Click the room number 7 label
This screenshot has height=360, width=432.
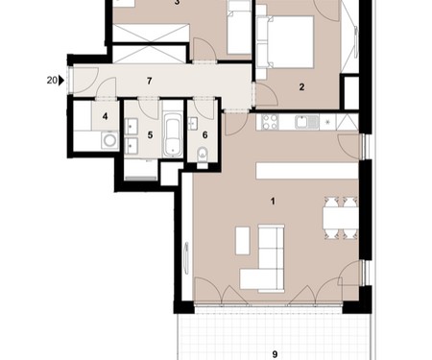tap(149, 81)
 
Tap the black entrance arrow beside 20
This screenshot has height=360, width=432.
tap(61, 81)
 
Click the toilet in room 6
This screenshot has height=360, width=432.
tap(203, 156)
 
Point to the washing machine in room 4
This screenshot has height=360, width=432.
tap(110, 140)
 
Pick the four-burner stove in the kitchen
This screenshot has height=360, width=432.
tap(270, 122)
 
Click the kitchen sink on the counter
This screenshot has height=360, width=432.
tap(307, 122)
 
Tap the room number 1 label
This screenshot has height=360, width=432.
tap(273, 202)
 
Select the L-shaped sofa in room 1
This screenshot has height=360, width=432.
tap(262, 258)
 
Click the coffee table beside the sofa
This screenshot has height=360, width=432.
tap(243, 240)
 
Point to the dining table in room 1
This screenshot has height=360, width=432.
tap(341, 218)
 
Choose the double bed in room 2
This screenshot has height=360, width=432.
tap(285, 42)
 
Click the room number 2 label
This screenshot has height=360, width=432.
tap(301, 86)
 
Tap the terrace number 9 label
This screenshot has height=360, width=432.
tap(275, 354)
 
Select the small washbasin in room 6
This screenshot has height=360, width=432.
tap(193, 124)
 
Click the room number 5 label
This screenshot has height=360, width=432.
tap(150, 134)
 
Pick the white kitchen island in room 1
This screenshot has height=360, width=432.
tap(307, 171)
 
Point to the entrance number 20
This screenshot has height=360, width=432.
tap(52, 81)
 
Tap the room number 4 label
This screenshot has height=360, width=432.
tap(105, 116)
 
